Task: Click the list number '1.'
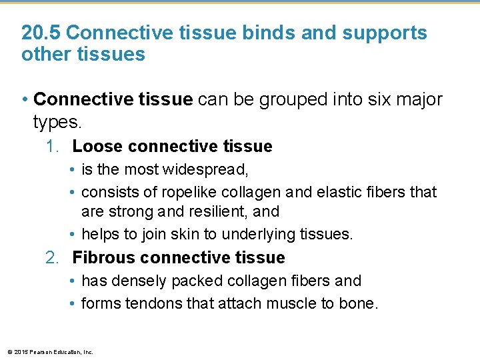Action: (55, 147)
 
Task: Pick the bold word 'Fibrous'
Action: (105, 258)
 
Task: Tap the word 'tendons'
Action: (155, 304)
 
